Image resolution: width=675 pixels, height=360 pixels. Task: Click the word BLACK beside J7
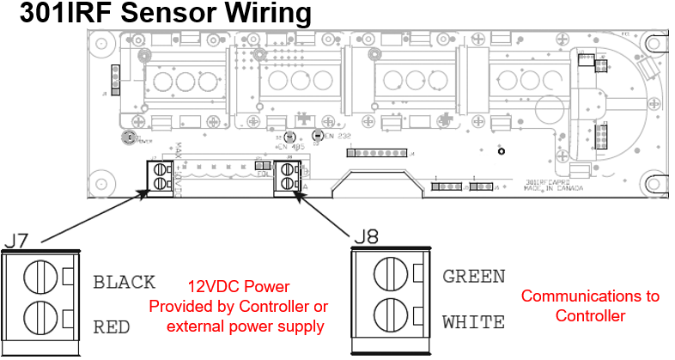(x=124, y=282)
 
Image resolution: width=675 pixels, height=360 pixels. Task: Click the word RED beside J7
(x=112, y=327)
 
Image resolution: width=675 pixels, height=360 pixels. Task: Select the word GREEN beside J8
(x=473, y=277)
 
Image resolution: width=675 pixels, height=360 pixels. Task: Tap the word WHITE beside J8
(x=473, y=323)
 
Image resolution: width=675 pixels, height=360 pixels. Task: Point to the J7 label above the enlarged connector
(x=21, y=240)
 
